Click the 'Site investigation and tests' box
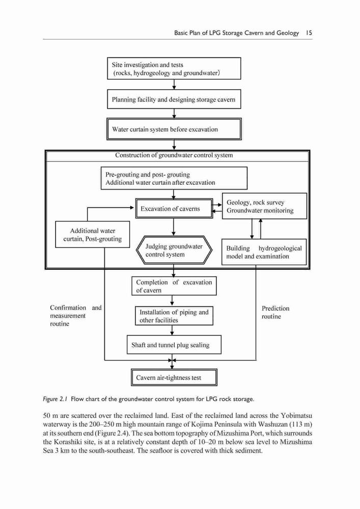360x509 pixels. pos(174,69)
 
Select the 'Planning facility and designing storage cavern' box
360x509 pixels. pos(174,99)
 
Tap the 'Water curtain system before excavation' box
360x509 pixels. pos(174,129)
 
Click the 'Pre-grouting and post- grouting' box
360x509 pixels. pos(174,178)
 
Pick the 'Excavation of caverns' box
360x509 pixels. pos(174,208)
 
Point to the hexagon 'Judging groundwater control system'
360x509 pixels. pos(174,250)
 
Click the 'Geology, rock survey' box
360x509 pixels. pos(264,206)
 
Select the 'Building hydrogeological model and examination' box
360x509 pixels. pos(264,252)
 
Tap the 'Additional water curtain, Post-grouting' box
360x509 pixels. pos(93,234)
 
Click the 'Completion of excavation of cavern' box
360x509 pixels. pos(174,286)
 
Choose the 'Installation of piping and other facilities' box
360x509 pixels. pos(174,316)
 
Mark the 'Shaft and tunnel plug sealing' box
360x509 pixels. pos(174,345)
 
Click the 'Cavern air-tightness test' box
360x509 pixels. pos(174,377)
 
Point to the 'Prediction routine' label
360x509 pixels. pos(275,313)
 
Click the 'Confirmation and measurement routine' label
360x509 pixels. pos(76,316)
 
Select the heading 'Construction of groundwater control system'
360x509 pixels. pos(174,155)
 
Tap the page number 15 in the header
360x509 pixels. pos(309,33)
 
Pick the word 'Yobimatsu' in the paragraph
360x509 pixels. pos(297,415)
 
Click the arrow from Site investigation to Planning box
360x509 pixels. pos(174,84)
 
